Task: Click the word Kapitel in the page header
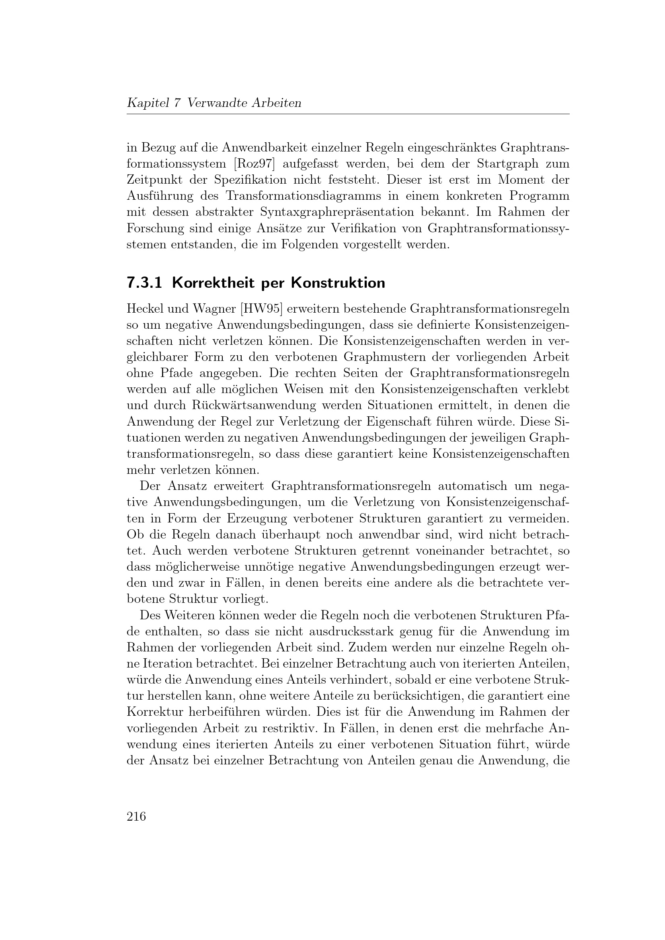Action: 148,103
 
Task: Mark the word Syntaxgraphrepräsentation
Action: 351,212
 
